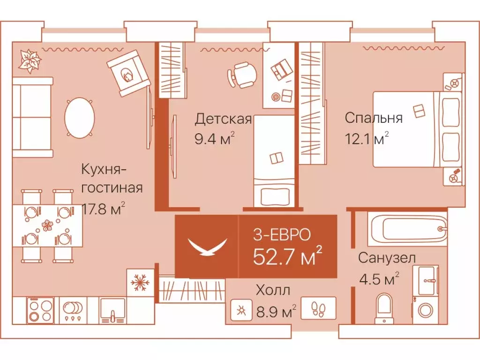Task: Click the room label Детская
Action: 223,119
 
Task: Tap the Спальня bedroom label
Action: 373,118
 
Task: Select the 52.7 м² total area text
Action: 287,257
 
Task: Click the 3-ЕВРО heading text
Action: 281,234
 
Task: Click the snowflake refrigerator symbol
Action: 140,283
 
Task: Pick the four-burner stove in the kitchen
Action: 40,310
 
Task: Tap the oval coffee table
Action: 79,117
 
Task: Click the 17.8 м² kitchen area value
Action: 103,208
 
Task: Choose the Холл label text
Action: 273,290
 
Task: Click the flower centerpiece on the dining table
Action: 47,225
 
